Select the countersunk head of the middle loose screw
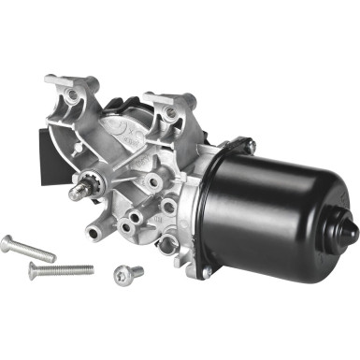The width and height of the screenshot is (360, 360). coord(36,272)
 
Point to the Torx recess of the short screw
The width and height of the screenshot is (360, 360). coord(120,275)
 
